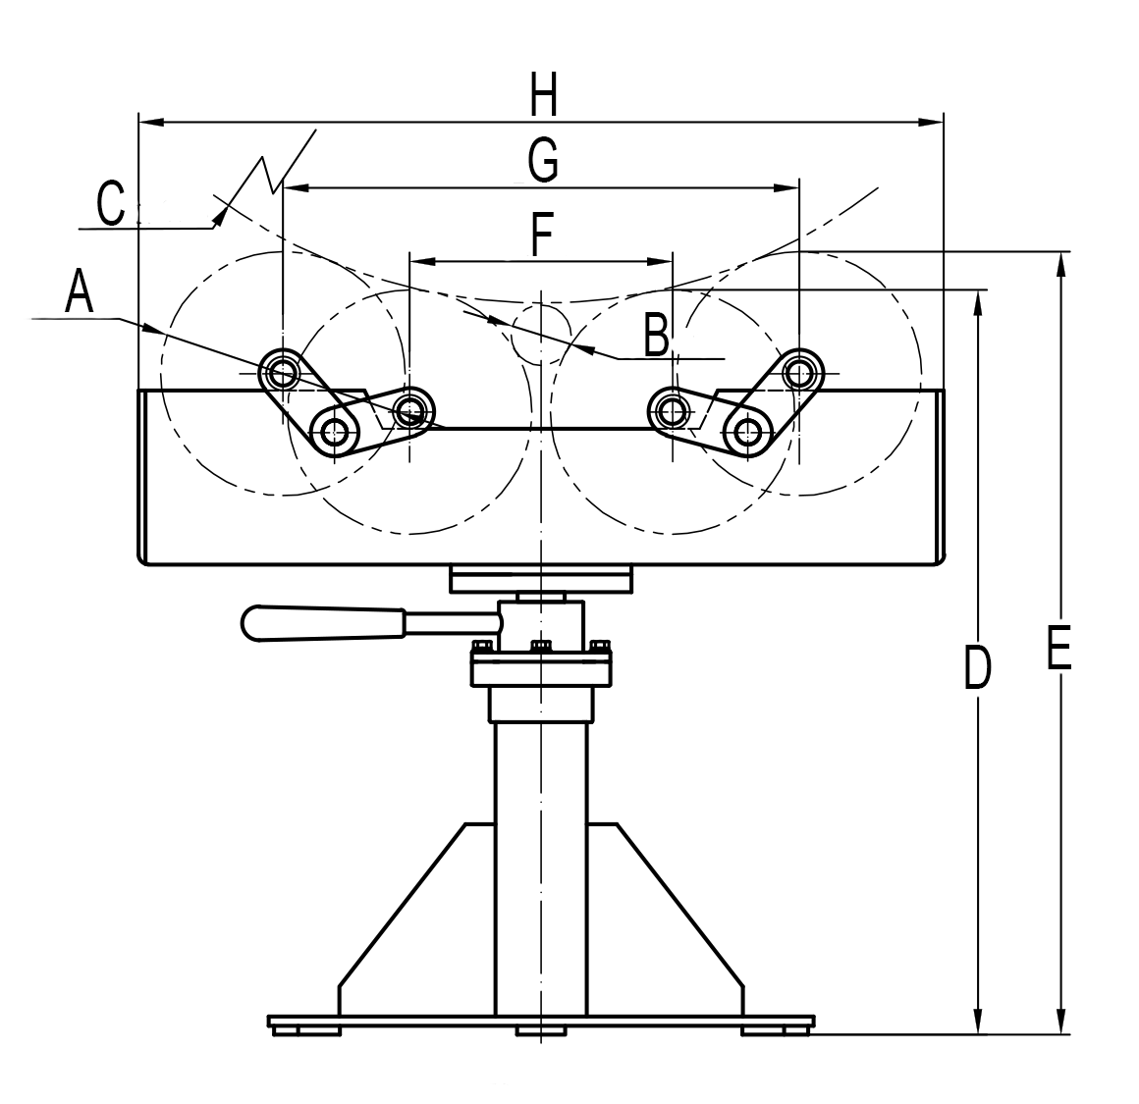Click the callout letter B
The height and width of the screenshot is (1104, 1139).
657,336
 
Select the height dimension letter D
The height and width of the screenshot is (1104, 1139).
975,667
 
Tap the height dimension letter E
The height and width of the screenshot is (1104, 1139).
1058,649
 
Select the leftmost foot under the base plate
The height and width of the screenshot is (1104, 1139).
306,1029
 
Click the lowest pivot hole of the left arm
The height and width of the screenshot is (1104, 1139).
335,429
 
